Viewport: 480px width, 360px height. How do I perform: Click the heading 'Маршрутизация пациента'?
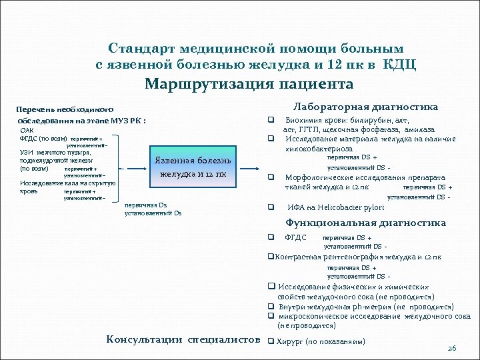[249, 85]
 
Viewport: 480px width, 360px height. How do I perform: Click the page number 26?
[451, 349]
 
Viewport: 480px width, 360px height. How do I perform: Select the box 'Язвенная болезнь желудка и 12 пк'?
[193, 167]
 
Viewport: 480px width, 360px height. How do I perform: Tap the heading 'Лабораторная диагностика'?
[366, 107]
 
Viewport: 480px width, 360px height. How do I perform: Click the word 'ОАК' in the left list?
[29, 130]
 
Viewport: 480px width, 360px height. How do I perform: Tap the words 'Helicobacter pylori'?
[355, 208]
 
